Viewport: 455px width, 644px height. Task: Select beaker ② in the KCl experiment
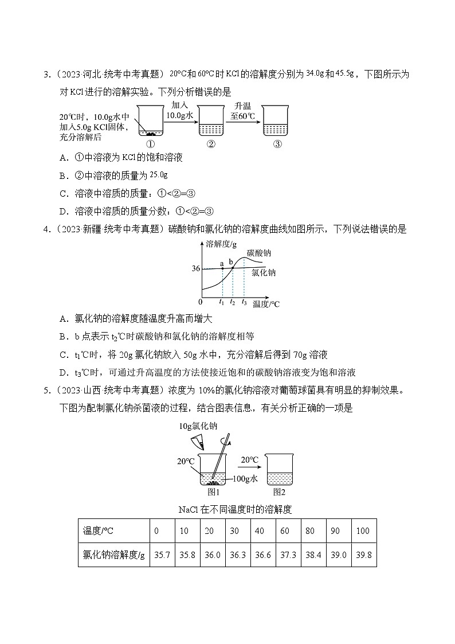point(210,122)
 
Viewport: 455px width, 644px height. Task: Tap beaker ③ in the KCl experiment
point(277,122)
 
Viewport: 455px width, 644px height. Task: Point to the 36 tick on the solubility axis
point(196,268)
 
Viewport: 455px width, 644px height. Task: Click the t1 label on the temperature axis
point(222,302)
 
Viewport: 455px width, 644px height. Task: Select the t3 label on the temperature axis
point(244,302)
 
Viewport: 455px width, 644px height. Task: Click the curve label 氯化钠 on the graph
point(264,273)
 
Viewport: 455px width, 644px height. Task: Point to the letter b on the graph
point(232,262)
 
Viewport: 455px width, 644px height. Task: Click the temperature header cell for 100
point(363,530)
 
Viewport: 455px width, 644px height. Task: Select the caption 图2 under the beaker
point(279,491)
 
